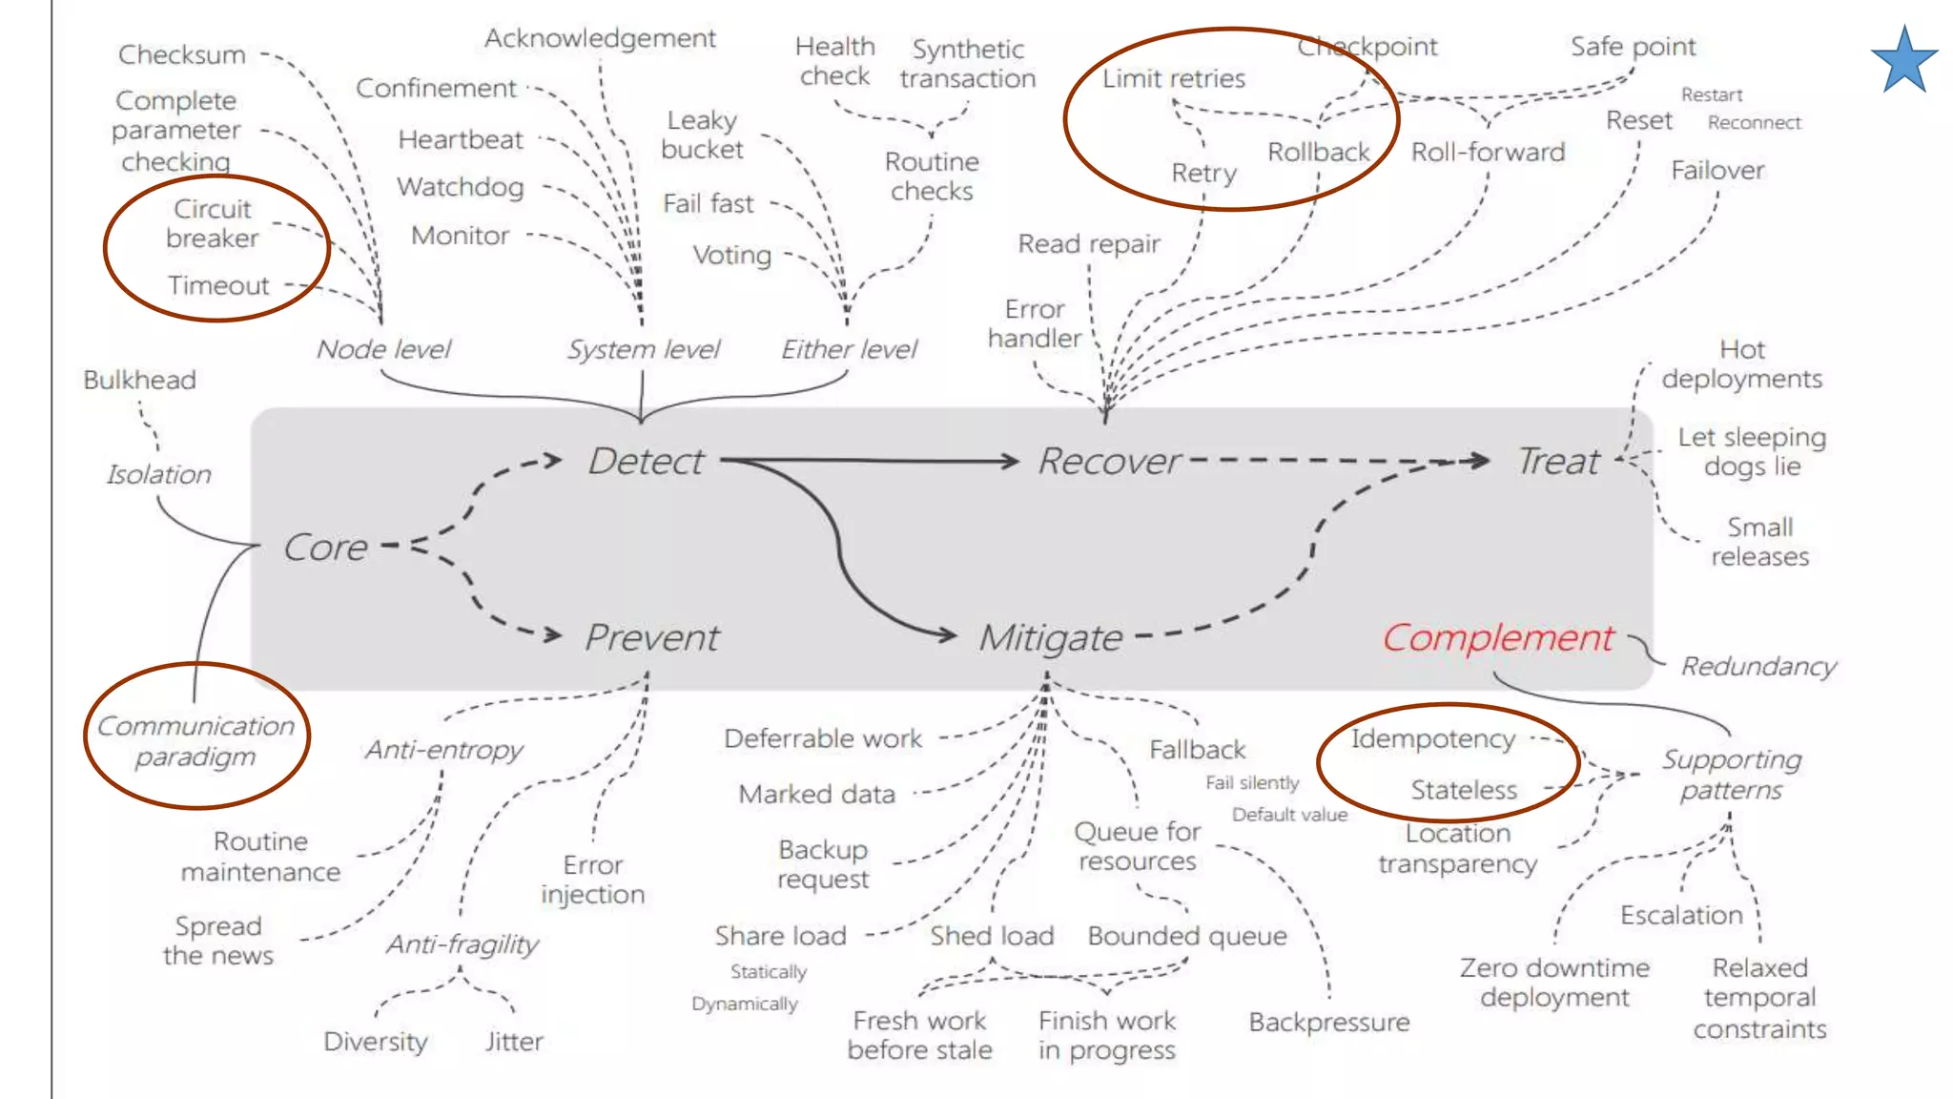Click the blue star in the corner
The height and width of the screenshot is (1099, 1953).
pyautogui.click(x=1904, y=61)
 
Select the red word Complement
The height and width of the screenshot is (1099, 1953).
pyautogui.click(x=1497, y=637)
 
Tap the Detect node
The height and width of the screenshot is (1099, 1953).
pyautogui.click(x=646, y=462)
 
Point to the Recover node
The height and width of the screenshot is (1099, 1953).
pyautogui.click(x=1109, y=462)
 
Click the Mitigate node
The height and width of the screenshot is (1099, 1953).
pyautogui.click(x=1050, y=637)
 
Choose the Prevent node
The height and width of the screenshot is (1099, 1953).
pyautogui.click(x=651, y=637)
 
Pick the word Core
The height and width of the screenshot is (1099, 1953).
pyautogui.click(x=325, y=548)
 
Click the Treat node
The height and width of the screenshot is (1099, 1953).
pyautogui.click(x=1558, y=462)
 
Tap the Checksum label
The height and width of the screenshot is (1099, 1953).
pyautogui.click(x=182, y=54)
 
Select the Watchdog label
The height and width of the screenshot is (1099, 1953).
pyautogui.click(x=461, y=187)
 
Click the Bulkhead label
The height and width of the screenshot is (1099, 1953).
pyautogui.click(x=139, y=380)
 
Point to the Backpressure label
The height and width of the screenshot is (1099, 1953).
pyautogui.click(x=1329, y=1023)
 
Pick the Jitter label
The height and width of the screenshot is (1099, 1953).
pyautogui.click(x=514, y=1041)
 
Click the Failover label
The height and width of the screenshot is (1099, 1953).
pyautogui.click(x=1717, y=171)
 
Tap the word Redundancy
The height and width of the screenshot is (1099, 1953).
pyautogui.click(x=1758, y=666)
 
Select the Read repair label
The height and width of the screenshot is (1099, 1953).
pyautogui.click(x=1089, y=244)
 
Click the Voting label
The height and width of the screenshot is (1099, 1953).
pyautogui.click(x=731, y=255)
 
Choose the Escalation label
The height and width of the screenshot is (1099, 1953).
pyautogui.click(x=1681, y=915)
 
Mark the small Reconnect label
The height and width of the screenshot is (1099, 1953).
pyautogui.click(x=1754, y=122)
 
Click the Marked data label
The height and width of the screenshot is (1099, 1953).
pyautogui.click(x=816, y=794)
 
